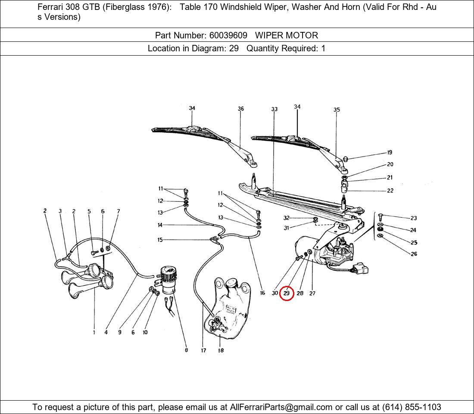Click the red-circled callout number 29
(287, 293)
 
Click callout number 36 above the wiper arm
(241, 109)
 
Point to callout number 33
(274, 110)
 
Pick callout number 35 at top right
(337, 110)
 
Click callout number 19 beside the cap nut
(390, 152)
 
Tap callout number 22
(390, 191)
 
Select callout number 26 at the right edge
(414, 254)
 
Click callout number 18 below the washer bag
(221, 351)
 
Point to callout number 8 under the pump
(187, 350)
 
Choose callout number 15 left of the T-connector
(160, 240)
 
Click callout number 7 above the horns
(118, 211)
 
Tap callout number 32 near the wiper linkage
(287, 218)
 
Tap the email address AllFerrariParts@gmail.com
(281, 407)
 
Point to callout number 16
(262, 293)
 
